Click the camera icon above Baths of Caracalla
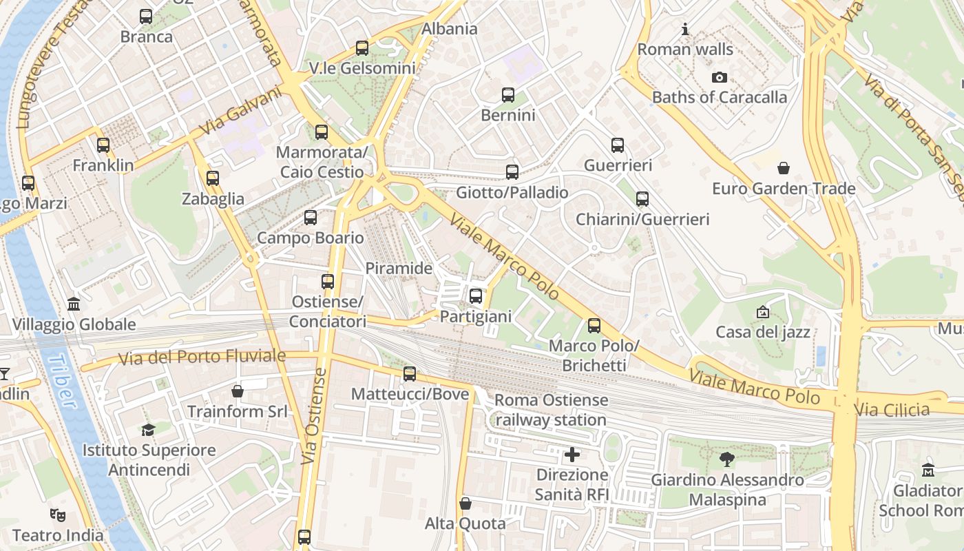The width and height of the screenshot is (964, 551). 720,77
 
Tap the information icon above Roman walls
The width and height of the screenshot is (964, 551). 685,30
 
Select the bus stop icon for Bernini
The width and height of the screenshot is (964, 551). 508,95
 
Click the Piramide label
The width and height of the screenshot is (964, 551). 399,268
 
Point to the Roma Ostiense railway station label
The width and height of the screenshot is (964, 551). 551,410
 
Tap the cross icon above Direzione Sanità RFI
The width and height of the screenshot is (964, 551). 572,455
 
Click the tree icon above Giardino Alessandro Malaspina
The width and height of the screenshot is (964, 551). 726,459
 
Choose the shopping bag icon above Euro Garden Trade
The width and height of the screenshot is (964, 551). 783,168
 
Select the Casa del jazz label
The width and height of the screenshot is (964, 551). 763,332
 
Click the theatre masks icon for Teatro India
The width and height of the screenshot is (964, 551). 58,514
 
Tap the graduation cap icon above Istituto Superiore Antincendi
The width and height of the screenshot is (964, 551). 148,430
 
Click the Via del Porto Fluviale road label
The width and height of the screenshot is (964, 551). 202,357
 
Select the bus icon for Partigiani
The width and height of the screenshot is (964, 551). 476,296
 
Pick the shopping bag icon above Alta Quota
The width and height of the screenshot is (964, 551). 465,503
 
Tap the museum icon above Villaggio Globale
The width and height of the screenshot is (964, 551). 74,304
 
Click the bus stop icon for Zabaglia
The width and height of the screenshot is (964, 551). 213,178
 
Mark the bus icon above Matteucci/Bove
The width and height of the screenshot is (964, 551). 410,374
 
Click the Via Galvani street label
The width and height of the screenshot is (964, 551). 241,110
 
